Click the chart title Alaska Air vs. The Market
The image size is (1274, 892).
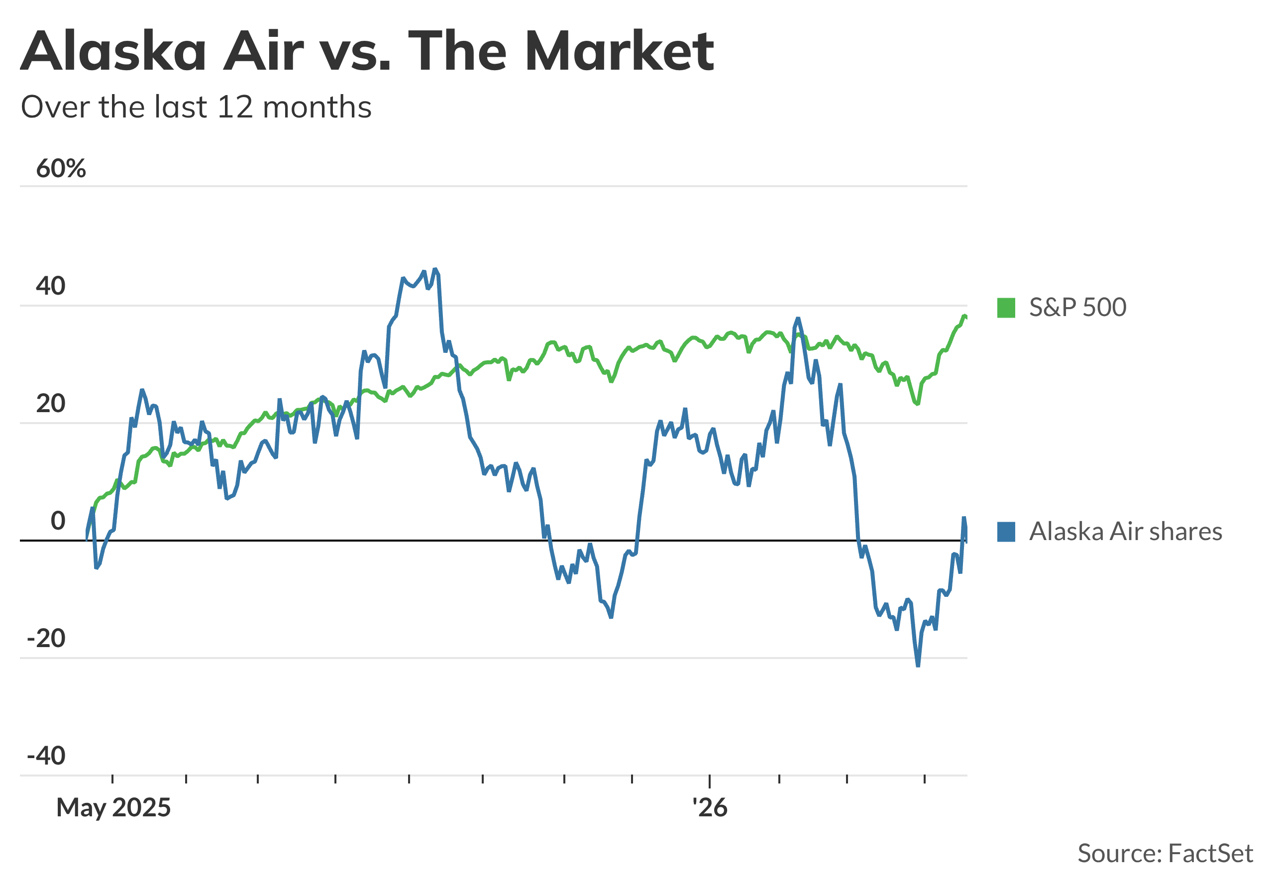pyautogui.click(x=367, y=51)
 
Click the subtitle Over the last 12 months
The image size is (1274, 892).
pyautogui.click(x=196, y=107)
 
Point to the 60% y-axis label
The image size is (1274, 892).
pyautogui.click(x=61, y=168)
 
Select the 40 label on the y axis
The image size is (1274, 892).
pyautogui.click(x=50, y=286)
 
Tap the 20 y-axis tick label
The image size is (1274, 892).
pyautogui.click(x=50, y=404)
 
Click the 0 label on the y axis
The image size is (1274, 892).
pyautogui.click(x=58, y=521)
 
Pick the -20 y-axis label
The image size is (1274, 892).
pyautogui.click(x=46, y=638)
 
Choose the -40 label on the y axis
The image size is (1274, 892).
pyautogui.click(x=46, y=756)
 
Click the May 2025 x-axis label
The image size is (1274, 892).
pyautogui.click(x=113, y=808)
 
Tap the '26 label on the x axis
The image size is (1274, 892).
pyautogui.click(x=710, y=808)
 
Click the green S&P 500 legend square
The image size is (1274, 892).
pyautogui.click(x=1006, y=308)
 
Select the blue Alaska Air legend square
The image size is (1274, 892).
pyautogui.click(x=1006, y=532)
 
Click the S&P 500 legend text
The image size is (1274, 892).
pyautogui.click(x=1077, y=308)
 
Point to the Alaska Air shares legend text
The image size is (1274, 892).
pyautogui.click(x=1125, y=532)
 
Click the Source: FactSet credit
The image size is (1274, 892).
pyautogui.click(x=1165, y=853)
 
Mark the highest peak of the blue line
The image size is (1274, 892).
pyautogui.click(x=435, y=269)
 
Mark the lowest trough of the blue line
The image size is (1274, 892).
pyautogui.click(x=918, y=666)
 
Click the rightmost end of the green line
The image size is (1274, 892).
pyautogui.click(x=966, y=317)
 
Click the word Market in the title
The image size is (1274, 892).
pyautogui.click(x=619, y=51)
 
